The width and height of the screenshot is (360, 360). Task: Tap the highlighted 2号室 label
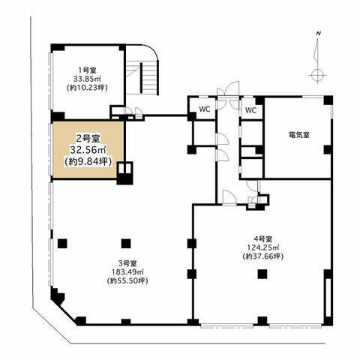[x=88, y=137]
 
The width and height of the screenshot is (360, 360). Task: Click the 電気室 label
[x=298, y=136]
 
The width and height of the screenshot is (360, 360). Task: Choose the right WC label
[x=250, y=109]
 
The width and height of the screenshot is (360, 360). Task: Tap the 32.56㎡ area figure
[x=88, y=150]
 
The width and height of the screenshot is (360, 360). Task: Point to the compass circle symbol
[x=317, y=74]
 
